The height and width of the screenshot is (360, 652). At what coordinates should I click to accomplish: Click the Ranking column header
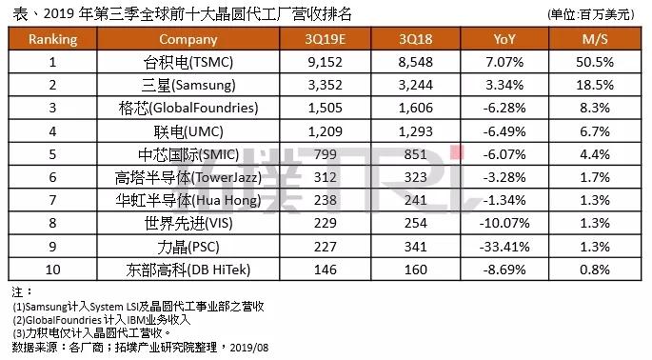[x=52, y=40]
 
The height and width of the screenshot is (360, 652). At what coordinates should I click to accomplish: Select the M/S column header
[x=595, y=39]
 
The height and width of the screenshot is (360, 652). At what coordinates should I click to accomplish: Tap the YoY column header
[x=504, y=39]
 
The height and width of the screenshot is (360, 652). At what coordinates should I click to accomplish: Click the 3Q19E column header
[x=326, y=39]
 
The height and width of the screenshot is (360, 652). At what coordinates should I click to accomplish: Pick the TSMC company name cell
[x=188, y=63]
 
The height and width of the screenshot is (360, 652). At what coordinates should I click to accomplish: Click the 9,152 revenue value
[x=326, y=63]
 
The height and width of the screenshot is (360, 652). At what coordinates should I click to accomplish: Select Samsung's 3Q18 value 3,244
[x=415, y=86]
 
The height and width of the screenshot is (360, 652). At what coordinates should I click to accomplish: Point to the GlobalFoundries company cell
[x=188, y=109]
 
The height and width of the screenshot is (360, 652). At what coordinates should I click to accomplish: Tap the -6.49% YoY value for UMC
[x=504, y=132]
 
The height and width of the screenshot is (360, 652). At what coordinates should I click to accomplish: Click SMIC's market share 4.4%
[x=595, y=154]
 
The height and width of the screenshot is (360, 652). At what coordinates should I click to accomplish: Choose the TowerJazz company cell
[x=188, y=178]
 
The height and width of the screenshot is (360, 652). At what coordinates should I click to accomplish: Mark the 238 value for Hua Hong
[x=326, y=200]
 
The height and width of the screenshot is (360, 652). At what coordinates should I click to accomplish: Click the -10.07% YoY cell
[x=504, y=223]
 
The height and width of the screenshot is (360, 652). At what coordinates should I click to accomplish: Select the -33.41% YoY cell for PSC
[x=504, y=247]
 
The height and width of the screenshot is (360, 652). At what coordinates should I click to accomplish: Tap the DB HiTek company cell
[x=188, y=270]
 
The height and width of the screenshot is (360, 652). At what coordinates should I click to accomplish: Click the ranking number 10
[x=52, y=270]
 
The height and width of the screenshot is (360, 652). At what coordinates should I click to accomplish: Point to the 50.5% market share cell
[x=595, y=63]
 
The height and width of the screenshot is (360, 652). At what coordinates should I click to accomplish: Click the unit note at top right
[x=591, y=14]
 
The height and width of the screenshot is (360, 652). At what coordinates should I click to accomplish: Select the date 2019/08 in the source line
[x=249, y=348]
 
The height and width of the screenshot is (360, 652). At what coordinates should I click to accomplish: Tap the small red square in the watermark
[x=456, y=152]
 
